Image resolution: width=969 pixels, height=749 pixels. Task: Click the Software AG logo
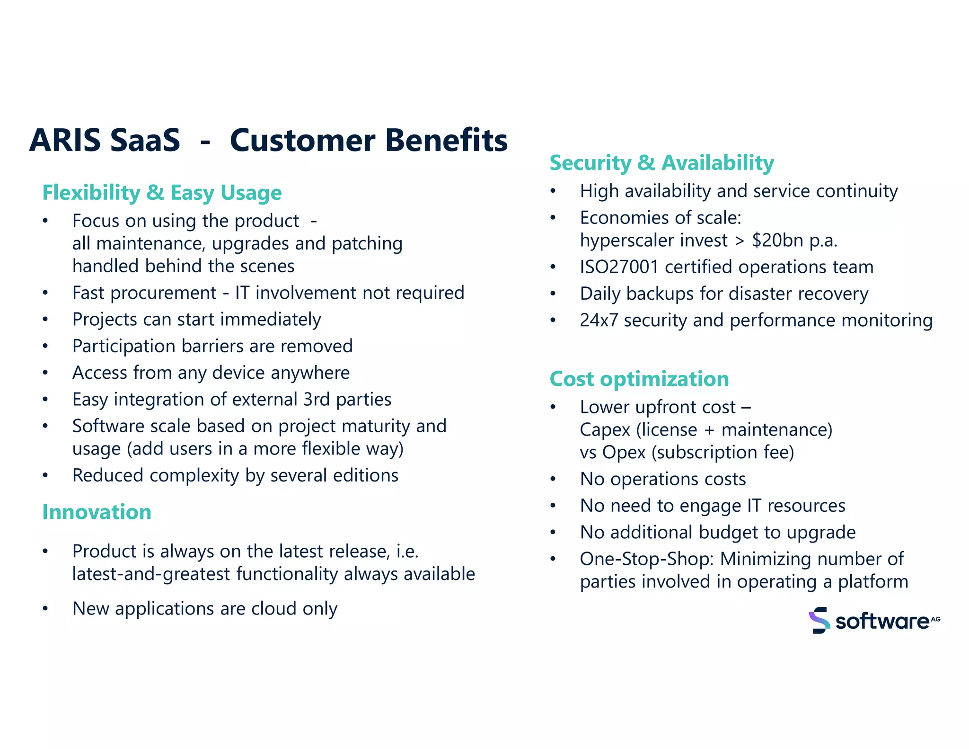click(874, 620)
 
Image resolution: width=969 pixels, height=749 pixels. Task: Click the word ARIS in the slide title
click(65, 141)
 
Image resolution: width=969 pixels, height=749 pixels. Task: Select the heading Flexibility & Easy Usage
click(162, 193)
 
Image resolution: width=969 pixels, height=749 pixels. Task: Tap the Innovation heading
click(97, 512)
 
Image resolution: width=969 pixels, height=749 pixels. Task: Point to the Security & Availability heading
click(661, 163)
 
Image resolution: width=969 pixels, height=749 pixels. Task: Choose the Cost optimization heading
click(639, 379)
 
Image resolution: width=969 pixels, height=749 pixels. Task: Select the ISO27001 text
click(619, 267)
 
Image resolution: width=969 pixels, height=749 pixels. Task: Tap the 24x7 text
click(599, 321)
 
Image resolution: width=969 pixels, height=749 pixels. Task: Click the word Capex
click(605, 430)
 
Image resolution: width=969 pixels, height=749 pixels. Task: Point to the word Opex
click(624, 453)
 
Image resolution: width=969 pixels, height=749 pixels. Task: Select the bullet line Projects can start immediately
click(196, 320)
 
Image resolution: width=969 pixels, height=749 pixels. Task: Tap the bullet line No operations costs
click(662, 479)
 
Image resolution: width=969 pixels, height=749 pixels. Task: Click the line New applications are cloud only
click(204, 609)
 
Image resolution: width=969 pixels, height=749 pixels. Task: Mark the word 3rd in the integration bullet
click(317, 400)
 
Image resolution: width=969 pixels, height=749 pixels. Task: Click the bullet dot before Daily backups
click(553, 294)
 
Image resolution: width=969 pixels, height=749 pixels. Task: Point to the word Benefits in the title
click(446, 141)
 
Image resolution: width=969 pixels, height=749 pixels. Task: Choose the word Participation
click(124, 347)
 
